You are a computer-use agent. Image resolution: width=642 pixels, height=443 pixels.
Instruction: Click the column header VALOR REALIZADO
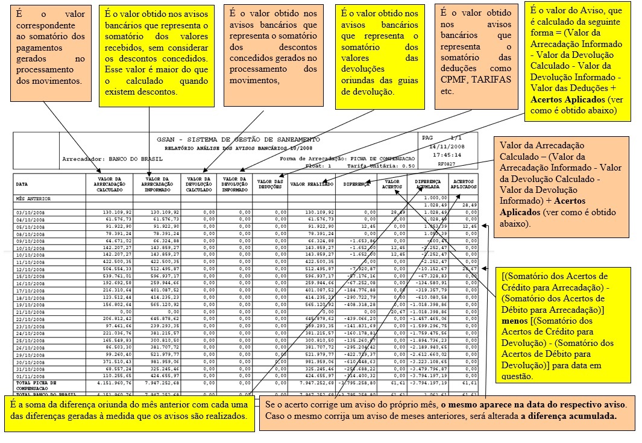pyautogui.click(x=312, y=184)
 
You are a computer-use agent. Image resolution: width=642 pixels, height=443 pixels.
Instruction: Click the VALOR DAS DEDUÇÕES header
pyautogui.click(x=270, y=184)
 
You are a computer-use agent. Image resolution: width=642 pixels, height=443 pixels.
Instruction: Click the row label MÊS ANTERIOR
pyautogui.click(x=33, y=198)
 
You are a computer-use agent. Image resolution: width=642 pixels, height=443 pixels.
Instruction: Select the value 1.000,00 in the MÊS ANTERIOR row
pyautogui.click(x=434, y=198)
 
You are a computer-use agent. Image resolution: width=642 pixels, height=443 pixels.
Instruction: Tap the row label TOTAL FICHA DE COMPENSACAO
pyautogui.click(x=36, y=386)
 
